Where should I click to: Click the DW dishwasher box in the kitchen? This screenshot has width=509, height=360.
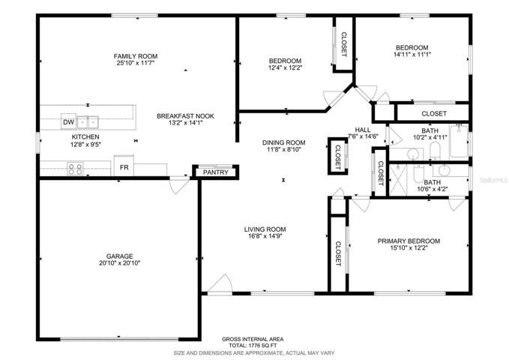click(68, 121)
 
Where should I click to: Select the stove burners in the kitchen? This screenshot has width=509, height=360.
click(75, 169)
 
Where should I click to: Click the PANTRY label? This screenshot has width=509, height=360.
click(216, 172)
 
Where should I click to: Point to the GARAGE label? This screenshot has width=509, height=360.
click(119, 256)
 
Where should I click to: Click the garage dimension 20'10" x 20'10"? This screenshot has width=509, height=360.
click(119, 263)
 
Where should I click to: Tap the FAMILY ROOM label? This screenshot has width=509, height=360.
click(136, 56)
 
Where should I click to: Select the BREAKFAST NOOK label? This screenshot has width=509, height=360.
click(185, 116)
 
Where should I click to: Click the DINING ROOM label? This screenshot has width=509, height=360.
click(283, 142)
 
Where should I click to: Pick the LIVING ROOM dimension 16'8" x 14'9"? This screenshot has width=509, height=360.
click(265, 236)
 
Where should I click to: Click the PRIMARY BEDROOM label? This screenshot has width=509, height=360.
click(409, 241)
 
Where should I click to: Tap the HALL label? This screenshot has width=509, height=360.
click(363, 130)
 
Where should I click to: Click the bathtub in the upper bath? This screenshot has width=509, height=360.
click(459, 141)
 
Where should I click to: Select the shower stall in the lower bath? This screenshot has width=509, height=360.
click(397, 180)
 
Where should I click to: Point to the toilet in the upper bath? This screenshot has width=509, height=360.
click(435, 151)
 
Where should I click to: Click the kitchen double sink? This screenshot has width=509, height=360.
click(88, 122)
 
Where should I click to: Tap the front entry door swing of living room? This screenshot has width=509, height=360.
click(220, 283)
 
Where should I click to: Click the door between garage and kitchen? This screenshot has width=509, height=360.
click(179, 184)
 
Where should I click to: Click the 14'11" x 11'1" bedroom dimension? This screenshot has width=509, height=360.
click(412, 55)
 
